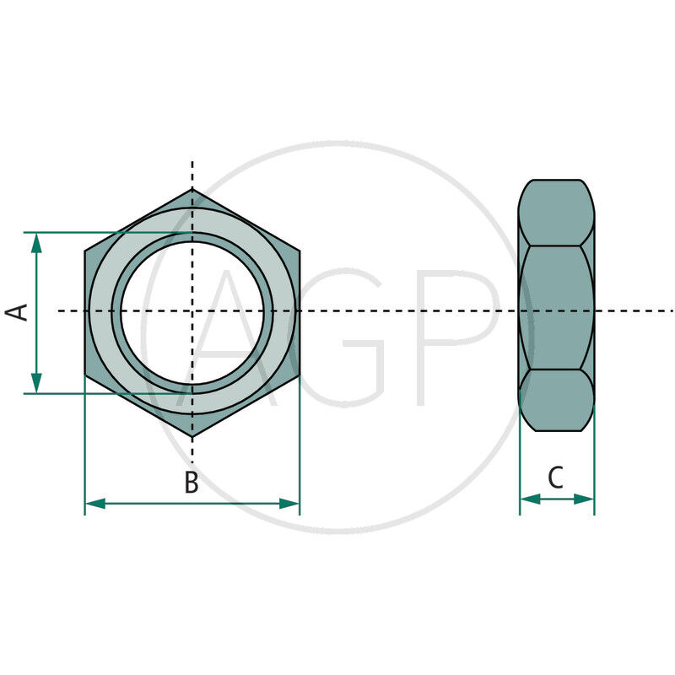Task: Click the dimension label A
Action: [x=18, y=311]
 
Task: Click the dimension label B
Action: [x=192, y=483]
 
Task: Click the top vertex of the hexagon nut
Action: [x=192, y=188]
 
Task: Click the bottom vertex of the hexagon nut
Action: [x=192, y=436]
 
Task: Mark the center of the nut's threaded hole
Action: [x=192, y=311]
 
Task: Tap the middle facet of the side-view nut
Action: [x=556, y=308]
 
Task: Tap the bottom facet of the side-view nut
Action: [x=556, y=400]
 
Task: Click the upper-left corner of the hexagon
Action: [x=85, y=250]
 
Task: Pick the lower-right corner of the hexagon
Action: [x=300, y=375]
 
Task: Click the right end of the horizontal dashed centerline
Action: [x=672, y=310]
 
